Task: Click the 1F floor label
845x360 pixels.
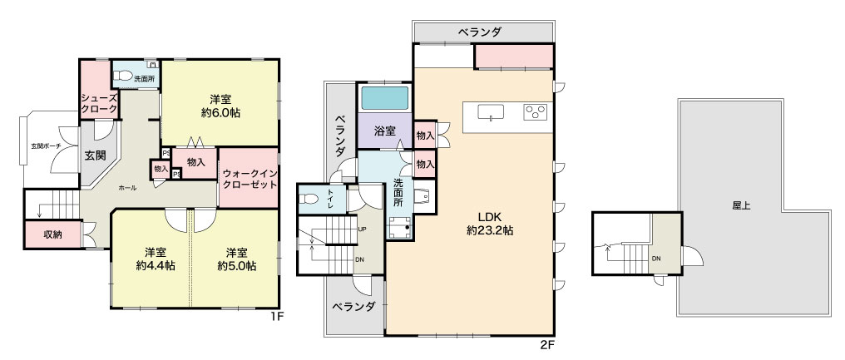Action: (276, 317)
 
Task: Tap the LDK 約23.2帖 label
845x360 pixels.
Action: (489, 224)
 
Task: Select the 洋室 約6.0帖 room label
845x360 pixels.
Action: (221, 106)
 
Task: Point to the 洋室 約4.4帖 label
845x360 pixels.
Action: (156, 259)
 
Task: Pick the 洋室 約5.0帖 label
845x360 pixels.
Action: (237, 259)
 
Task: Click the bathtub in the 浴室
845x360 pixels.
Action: (384, 98)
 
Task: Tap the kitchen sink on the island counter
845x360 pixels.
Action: (491, 112)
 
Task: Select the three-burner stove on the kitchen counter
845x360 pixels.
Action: (535, 111)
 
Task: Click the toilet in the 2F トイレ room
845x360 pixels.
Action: (310, 199)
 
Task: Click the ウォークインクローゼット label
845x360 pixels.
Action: (250, 179)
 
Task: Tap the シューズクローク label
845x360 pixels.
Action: (99, 103)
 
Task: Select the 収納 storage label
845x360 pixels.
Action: (52, 235)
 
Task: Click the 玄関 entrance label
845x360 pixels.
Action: (95, 155)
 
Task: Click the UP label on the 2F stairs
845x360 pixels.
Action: (363, 229)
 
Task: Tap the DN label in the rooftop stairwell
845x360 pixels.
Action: (656, 259)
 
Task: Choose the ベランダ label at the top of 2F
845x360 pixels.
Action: (480, 32)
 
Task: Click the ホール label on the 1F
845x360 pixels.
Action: (127, 188)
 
